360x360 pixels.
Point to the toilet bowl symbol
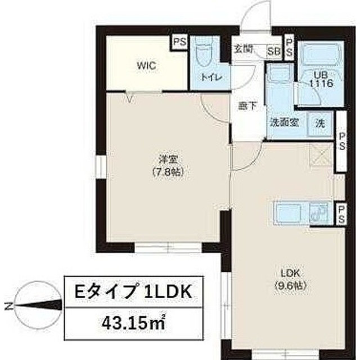point(204,55)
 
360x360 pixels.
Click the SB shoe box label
point(274,50)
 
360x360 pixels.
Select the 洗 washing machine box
point(319,123)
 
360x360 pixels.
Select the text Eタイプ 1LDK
point(134,292)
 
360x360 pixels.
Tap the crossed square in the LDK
point(322,155)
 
